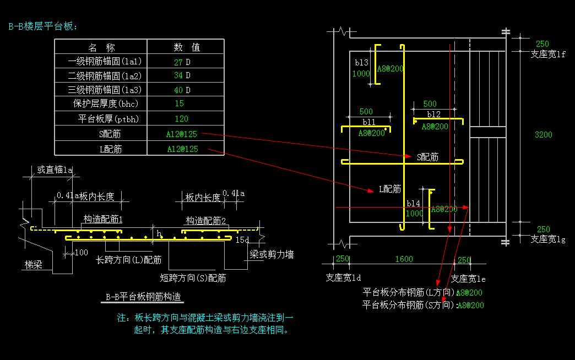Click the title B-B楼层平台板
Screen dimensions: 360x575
click(x=44, y=26)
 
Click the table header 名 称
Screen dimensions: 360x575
click(x=101, y=47)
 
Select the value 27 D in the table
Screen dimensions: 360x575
click(x=182, y=62)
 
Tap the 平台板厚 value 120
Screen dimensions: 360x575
click(x=181, y=118)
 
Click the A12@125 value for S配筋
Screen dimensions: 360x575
click(x=181, y=134)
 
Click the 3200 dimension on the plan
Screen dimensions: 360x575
click(x=543, y=134)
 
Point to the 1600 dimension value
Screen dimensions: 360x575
click(x=404, y=259)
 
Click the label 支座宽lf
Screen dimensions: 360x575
click(x=548, y=54)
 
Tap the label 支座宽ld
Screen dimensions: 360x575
click(x=343, y=277)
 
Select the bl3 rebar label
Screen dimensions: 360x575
click(x=361, y=63)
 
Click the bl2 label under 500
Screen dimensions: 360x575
click(x=433, y=114)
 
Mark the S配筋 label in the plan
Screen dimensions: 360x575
click(x=427, y=157)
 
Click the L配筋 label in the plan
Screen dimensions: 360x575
click(x=389, y=189)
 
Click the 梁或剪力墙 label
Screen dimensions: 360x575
click(x=271, y=254)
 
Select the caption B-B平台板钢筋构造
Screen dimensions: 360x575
click(x=144, y=297)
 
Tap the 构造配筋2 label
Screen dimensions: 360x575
click(x=205, y=220)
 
